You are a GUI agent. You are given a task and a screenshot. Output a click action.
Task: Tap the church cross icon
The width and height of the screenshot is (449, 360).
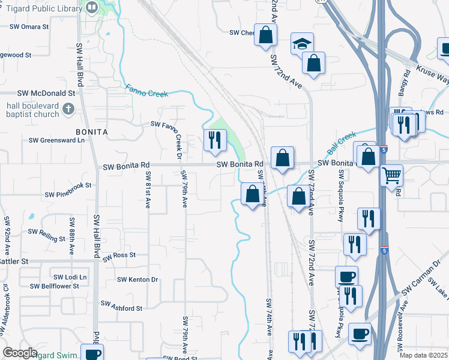point(68,109)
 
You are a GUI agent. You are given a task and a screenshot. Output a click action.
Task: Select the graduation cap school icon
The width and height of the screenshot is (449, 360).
point(302,43)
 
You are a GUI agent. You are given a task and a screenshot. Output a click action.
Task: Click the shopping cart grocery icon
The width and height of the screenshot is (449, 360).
point(391,175)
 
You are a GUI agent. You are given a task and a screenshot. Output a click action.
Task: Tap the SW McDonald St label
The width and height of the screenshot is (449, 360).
point(46,94)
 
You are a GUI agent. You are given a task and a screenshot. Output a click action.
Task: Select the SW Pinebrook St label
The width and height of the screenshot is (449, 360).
point(68,194)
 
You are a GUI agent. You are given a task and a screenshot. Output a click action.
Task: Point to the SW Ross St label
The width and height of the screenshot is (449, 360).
point(119,256)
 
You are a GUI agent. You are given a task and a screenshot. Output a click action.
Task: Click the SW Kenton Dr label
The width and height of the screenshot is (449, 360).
point(137,279)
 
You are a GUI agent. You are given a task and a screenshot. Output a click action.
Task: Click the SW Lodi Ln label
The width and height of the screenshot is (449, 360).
point(70,277)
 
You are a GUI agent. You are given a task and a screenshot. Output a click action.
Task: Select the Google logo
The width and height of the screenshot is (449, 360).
point(20,353)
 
